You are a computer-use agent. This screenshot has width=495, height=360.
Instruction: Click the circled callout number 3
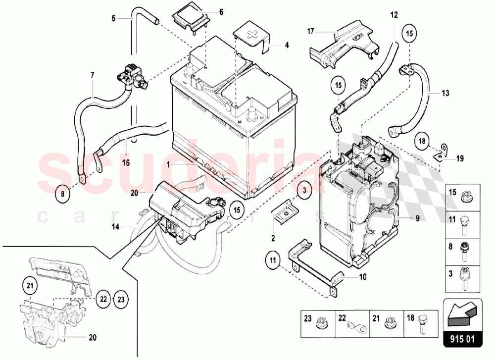305,190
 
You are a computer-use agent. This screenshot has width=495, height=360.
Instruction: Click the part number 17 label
310,31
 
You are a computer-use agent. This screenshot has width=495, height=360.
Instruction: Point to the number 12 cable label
394,15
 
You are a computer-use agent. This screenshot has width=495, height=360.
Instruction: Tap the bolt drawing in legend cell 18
424,322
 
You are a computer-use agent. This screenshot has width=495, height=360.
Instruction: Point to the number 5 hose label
113,18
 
